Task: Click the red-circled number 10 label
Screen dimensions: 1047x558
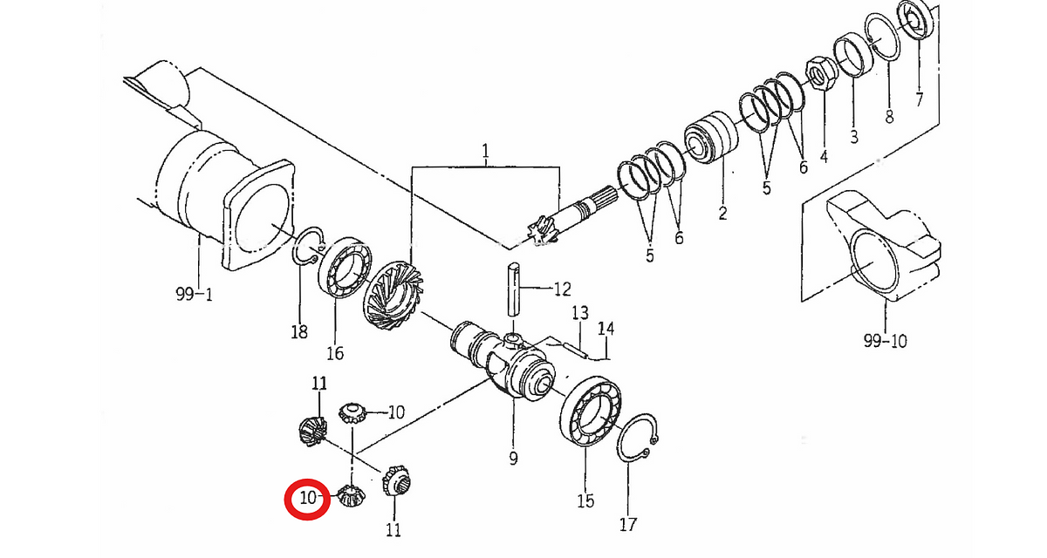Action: tap(308, 498)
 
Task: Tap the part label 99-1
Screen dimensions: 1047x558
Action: tap(194, 294)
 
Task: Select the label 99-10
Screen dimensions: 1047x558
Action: tap(885, 341)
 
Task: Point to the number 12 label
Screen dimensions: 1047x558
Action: tap(562, 289)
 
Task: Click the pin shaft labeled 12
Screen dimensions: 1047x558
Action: tap(513, 289)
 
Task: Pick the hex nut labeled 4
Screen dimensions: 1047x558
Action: tap(818, 73)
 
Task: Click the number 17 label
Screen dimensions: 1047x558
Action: tap(627, 524)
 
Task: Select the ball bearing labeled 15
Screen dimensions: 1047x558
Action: tap(591, 411)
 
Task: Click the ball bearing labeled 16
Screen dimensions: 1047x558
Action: tap(345, 268)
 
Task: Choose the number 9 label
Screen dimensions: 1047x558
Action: tap(513, 458)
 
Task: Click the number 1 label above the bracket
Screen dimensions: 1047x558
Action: tap(485, 151)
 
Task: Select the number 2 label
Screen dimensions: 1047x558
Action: tap(722, 213)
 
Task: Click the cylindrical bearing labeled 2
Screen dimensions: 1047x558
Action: tap(711, 137)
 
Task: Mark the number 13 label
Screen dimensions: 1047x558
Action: tap(579, 313)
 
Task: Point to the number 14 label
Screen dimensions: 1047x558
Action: tap(606, 330)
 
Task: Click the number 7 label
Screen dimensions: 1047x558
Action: tap(919, 99)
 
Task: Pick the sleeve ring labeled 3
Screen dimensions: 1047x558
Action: tap(853, 55)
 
